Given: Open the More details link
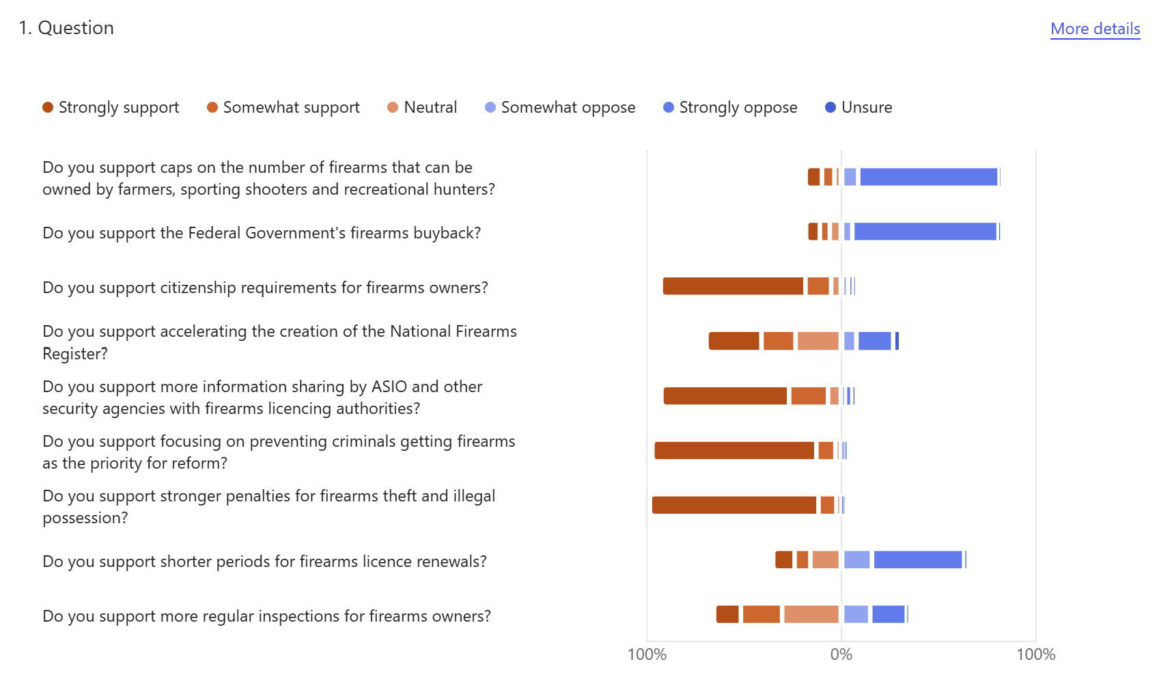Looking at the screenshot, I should pyautogui.click(x=1095, y=29).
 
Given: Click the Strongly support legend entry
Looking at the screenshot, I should pyautogui.click(x=111, y=107).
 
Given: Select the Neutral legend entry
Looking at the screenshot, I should pyautogui.click(x=422, y=107).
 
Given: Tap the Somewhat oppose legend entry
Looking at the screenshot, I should pyautogui.click(x=560, y=107).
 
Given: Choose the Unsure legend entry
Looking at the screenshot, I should pyautogui.click(x=859, y=107).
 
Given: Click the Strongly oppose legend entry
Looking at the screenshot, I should pyautogui.click(x=730, y=107).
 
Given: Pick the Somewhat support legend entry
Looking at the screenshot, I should pyautogui.click(x=283, y=107).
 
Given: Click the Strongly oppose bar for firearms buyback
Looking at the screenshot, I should pyautogui.click(x=925, y=232).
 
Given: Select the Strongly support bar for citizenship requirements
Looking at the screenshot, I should pyautogui.click(x=733, y=286).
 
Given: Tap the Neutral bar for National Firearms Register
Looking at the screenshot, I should pyautogui.click(x=818, y=341).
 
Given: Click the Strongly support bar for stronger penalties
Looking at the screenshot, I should pyautogui.click(x=734, y=505).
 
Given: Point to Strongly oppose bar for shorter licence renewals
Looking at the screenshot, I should pyautogui.click(x=918, y=559).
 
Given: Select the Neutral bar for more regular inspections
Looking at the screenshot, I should pyautogui.click(x=811, y=614).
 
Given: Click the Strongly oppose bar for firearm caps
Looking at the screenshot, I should pyautogui.click(x=929, y=177).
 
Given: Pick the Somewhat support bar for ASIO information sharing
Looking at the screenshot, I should pyautogui.click(x=808, y=395).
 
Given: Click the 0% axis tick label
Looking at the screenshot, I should pyautogui.click(x=841, y=654).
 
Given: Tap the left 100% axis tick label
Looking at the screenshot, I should pyautogui.click(x=647, y=654).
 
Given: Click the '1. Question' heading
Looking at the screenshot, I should pyautogui.click(x=66, y=28).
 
